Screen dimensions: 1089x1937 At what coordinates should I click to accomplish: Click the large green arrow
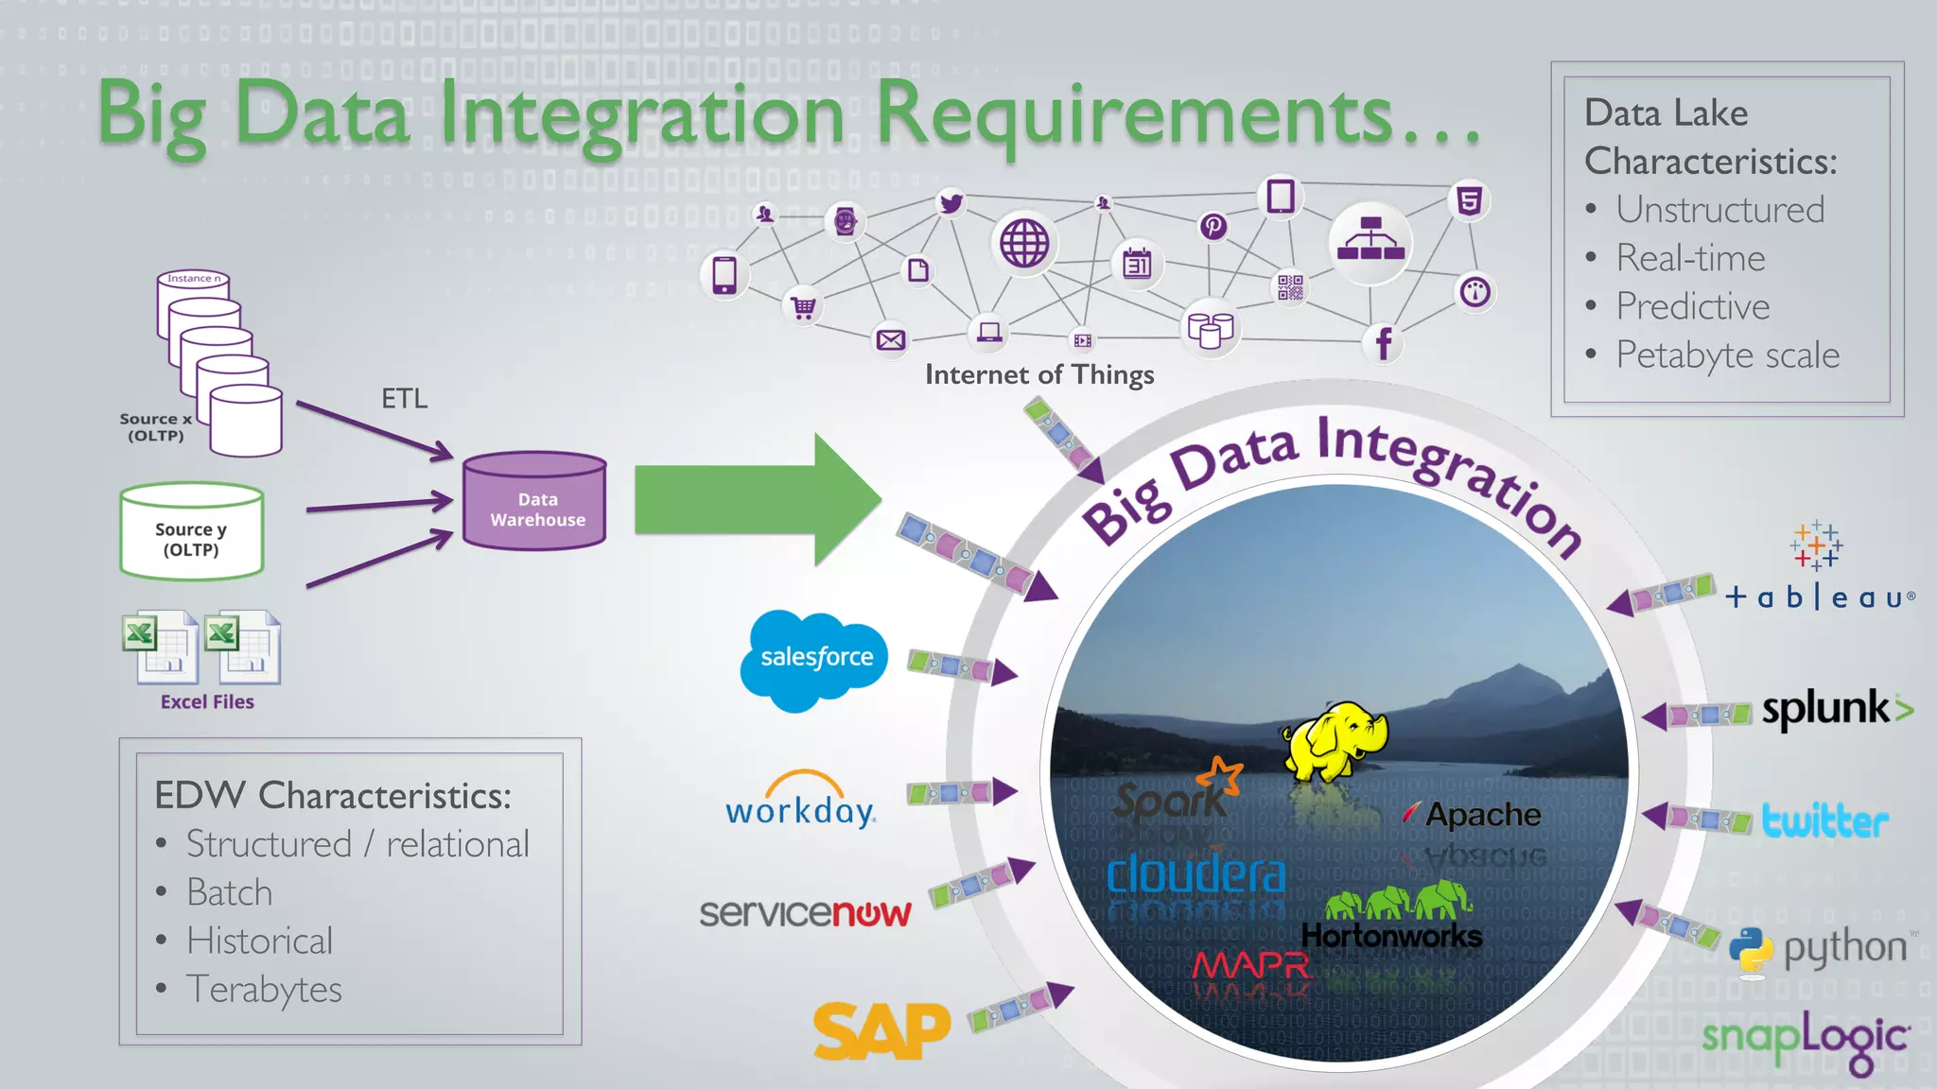pyautogui.click(x=757, y=499)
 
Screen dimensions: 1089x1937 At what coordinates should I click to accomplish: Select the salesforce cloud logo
pyautogui.click(x=814, y=659)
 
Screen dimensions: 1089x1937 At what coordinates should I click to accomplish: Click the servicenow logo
pyautogui.click(x=805, y=912)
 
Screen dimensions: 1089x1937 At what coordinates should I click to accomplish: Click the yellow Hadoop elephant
pyautogui.click(x=1335, y=740)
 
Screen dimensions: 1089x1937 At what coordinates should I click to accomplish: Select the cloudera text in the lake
pyautogui.click(x=1195, y=875)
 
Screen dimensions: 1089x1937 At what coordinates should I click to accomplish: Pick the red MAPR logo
pyautogui.click(x=1250, y=965)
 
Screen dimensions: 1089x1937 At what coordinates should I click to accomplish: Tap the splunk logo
pyautogui.click(x=1835, y=709)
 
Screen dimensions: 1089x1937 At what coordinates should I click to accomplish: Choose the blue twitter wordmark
pyautogui.click(x=1824, y=821)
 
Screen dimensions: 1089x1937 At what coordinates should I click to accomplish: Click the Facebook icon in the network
pyautogui.click(x=1383, y=343)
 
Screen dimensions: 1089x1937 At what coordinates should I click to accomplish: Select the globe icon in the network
pyautogui.click(x=1024, y=243)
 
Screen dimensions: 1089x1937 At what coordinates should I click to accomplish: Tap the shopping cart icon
pyautogui.click(x=803, y=307)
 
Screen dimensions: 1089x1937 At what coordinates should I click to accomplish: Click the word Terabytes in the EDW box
pyautogui.click(x=264, y=990)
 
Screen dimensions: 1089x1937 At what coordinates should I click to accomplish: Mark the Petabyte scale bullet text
pyautogui.click(x=1727, y=355)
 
